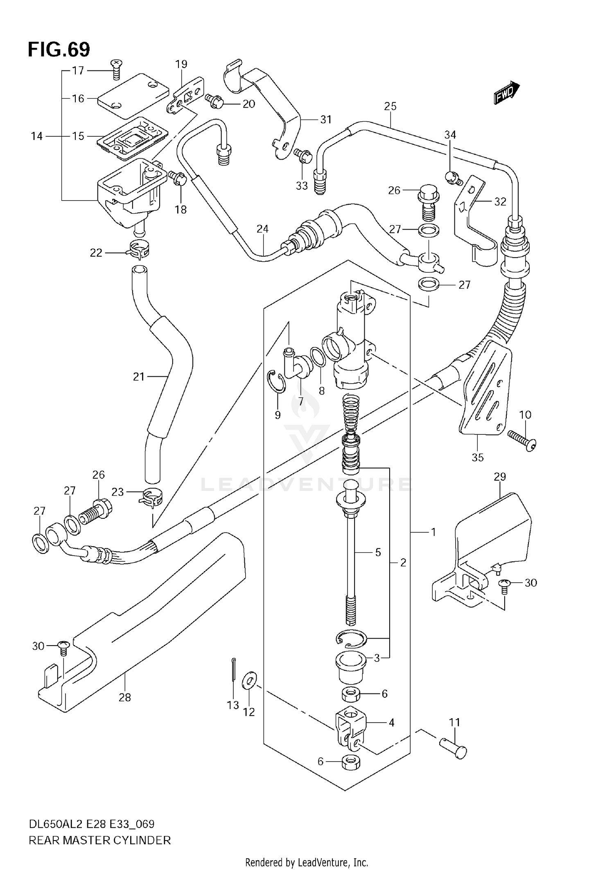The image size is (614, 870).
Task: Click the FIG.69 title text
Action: coord(59,50)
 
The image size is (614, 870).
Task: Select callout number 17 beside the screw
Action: coord(78,70)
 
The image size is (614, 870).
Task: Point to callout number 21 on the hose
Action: coord(139,376)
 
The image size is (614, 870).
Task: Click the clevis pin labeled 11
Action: coord(454,749)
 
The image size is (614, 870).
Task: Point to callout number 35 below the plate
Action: coord(477,457)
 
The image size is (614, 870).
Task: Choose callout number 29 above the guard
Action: coord(500,477)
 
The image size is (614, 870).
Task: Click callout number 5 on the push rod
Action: coord(378,552)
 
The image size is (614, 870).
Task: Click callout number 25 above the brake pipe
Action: coord(390,106)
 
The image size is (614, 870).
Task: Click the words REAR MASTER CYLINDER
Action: coord(99,840)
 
